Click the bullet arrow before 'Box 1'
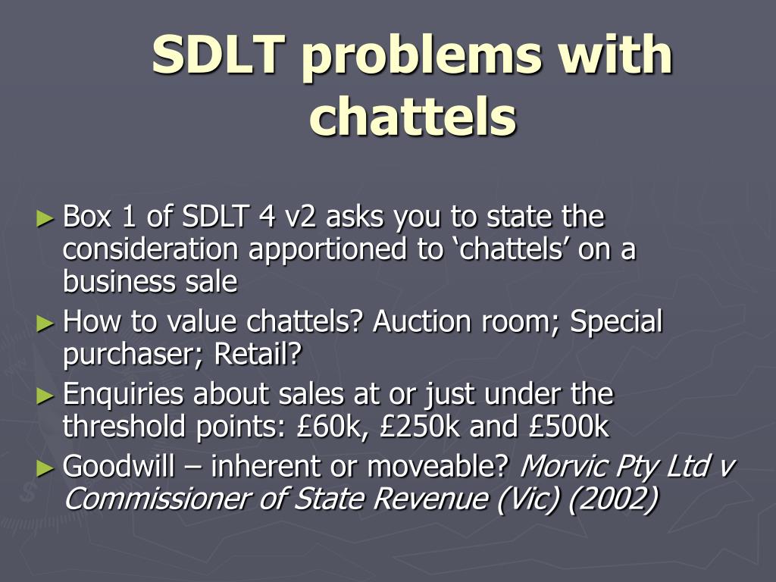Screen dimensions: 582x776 coord(46,219)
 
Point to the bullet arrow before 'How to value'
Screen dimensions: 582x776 coord(46,324)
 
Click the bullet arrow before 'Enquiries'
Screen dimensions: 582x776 coord(46,396)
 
